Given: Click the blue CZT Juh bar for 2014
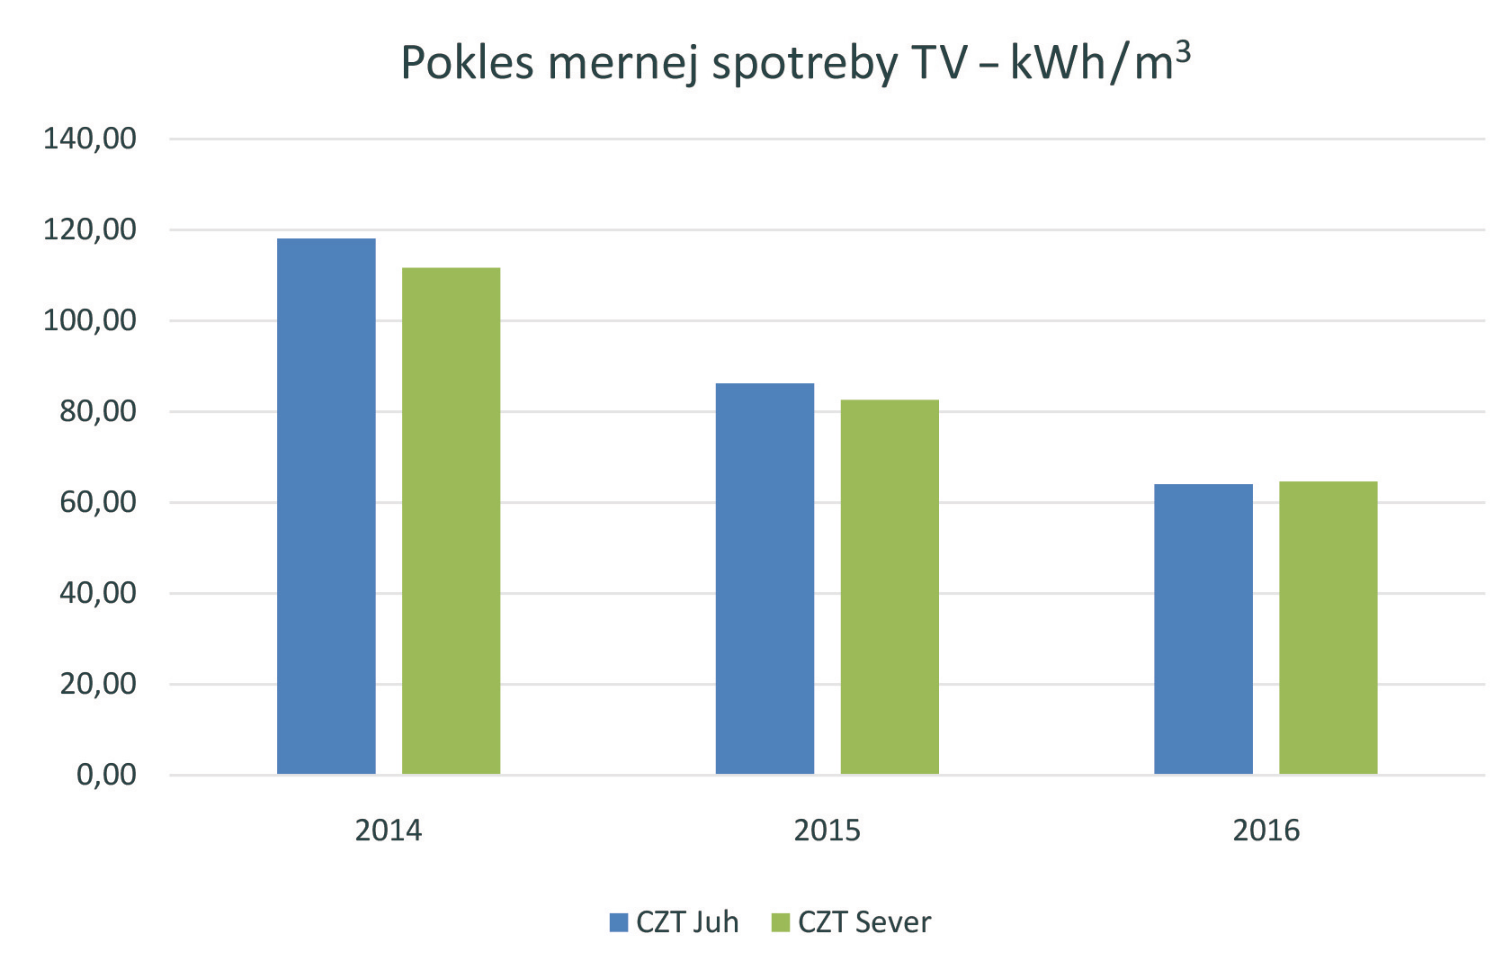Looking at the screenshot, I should [326, 506].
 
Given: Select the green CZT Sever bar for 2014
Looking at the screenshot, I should [451, 520].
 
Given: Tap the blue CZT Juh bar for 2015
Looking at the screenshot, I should [765, 579].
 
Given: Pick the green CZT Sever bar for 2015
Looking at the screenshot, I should [890, 587].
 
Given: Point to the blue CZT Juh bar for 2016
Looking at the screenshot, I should [1203, 629].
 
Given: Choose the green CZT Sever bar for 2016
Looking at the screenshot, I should [1328, 627].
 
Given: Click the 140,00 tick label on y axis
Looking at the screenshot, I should [90, 139].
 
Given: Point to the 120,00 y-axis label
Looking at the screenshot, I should [90, 229].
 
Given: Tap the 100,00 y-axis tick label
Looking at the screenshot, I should [90, 320].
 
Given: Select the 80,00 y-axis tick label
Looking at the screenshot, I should [97, 411].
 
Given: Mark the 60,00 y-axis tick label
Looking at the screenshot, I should [97, 502].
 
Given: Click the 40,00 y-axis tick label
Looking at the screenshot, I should [97, 593].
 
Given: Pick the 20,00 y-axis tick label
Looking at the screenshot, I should [97, 684].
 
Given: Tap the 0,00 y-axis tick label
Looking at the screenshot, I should [106, 775].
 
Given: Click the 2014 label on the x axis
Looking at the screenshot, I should [388, 830].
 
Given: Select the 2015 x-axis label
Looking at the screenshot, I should [827, 830].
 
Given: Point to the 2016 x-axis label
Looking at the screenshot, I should [1266, 830].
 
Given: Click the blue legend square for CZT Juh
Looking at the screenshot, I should [619, 922].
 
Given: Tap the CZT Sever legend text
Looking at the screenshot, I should [864, 922].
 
